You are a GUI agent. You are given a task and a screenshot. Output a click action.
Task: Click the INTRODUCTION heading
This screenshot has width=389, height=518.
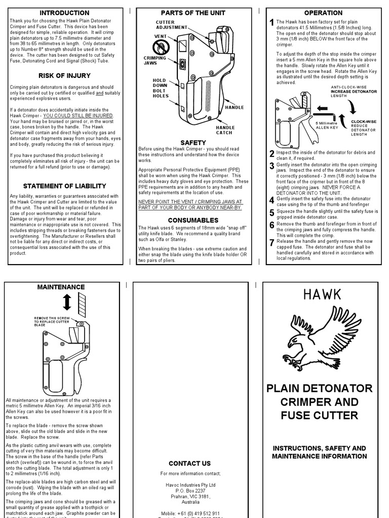(64, 13)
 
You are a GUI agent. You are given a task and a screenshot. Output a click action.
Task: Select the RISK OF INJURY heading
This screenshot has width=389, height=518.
(64, 76)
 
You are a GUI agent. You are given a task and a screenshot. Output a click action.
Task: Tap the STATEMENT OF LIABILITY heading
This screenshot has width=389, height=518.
(64, 186)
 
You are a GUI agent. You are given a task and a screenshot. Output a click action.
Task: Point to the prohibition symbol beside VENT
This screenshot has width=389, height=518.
(161, 48)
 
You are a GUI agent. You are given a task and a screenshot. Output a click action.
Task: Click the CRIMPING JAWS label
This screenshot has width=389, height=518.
(154, 61)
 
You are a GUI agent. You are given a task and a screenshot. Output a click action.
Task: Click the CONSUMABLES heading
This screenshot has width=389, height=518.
(193, 221)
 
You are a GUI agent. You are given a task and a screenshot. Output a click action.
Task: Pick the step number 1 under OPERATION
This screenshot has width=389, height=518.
(272, 23)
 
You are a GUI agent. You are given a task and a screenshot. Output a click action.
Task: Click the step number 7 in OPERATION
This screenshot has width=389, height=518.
(272, 243)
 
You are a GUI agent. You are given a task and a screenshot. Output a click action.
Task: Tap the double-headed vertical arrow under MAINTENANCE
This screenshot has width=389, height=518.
(66, 303)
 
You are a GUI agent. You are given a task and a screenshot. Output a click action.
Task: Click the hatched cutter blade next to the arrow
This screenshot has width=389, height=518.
(83, 305)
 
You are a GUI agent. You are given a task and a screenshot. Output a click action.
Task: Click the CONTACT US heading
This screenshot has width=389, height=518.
(189, 463)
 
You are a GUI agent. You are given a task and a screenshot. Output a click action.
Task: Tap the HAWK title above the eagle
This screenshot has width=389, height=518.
(323, 294)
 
